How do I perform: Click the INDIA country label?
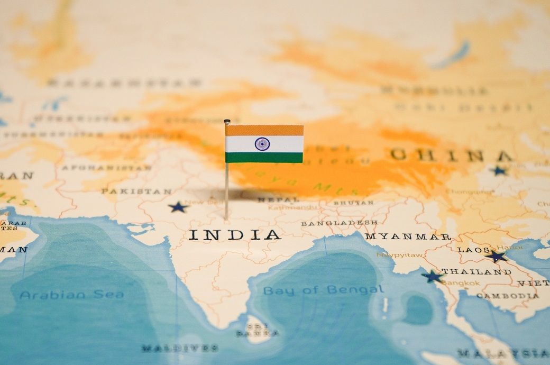tap(234, 235)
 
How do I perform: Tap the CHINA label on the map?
tap(451, 156)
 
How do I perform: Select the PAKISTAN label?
tap(136, 191)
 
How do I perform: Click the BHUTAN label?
tap(353, 203)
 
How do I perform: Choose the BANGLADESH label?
tap(339, 223)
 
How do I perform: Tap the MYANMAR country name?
tap(408, 236)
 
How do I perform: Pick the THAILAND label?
tap(476, 272)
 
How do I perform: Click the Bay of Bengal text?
tap(323, 290)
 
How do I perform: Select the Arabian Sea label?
tap(71, 295)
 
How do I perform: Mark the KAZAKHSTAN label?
tap(124, 83)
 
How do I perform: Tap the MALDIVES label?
tap(179, 348)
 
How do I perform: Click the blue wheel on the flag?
tap(262, 144)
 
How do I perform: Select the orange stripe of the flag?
tap(264, 130)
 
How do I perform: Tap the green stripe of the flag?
tap(264, 158)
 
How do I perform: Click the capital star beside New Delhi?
tap(178, 207)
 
